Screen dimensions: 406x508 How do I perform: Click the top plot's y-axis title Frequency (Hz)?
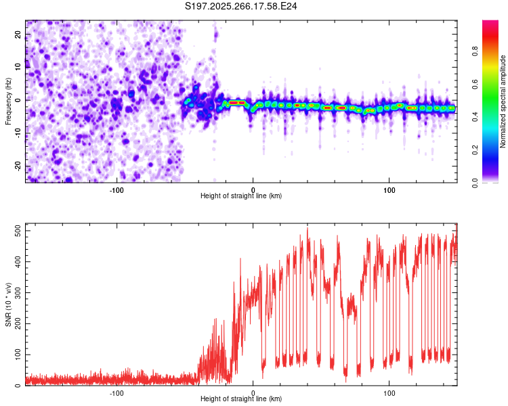pyautogui.click(x=8, y=100)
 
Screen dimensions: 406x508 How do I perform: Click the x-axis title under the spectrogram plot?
pyautogui.click(x=241, y=196)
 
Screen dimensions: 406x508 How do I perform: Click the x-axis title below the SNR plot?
pyautogui.click(x=241, y=399)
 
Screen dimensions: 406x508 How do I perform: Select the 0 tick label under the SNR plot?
pyautogui.click(x=253, y=392)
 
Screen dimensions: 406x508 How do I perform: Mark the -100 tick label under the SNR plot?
pyautogui.click(x=117, y=392)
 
